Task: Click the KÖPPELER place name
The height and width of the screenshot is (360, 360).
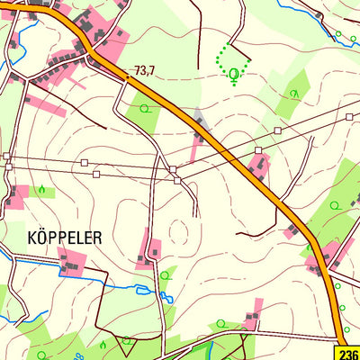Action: pyautogui.click(x=65, y=238)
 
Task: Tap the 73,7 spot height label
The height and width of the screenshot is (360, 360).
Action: pyautogui.click(x=145, y=69)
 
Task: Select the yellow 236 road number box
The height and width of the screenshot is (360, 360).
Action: pyautogui.click(x=350, y=353)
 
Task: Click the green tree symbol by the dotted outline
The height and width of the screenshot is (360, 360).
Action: pyautogui.click(x=235, y=75)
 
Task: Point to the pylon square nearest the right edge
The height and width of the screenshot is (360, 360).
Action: pyautogui.click(x=349, y=117)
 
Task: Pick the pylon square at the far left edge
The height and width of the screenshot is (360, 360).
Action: pyautogui.click(x=6, y=157)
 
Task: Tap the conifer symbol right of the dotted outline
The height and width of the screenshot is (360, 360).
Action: pyautogui.click(x=293, y=93)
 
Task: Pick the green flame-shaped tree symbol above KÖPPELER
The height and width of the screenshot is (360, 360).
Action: pyautogui.click(x=41, y=190)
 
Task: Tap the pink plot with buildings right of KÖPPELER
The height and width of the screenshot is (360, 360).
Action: pyautogui.click(x=150, y=249)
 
